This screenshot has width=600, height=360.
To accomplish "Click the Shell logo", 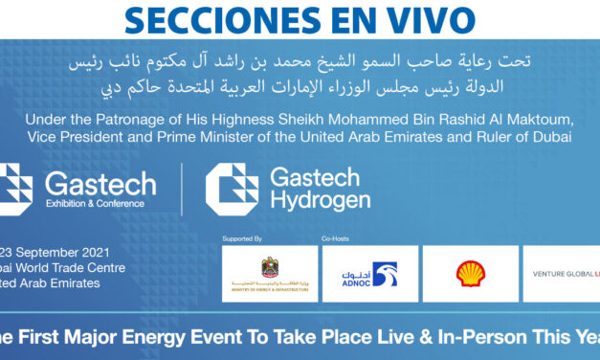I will click(x=470, y=274).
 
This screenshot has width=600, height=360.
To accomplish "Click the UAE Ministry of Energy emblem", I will click(x=269, y=268).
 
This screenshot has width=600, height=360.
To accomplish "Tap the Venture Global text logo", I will click(x=565, y=274).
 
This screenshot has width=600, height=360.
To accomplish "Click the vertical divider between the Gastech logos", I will click(x=182, y=189).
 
